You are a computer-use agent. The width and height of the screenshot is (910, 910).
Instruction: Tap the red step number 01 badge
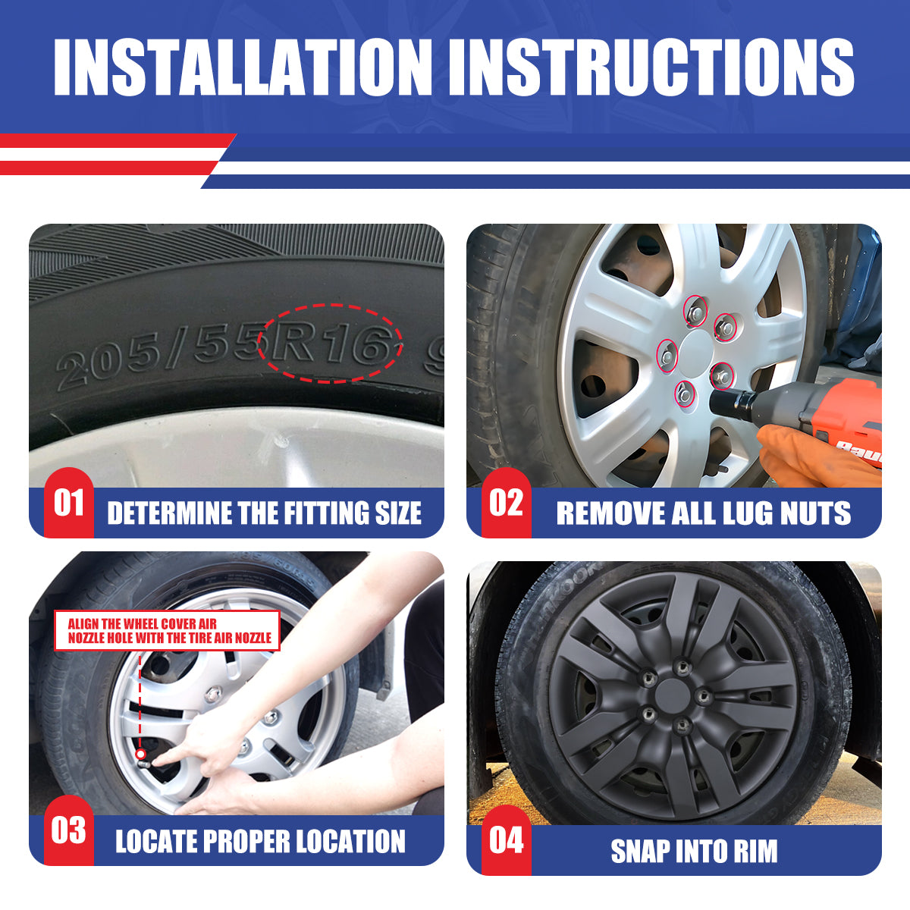(x=68, y=503)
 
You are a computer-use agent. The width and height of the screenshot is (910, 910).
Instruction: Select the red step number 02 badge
(x=506, y=503)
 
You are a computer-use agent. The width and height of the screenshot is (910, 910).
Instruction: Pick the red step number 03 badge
(x=68, y=830)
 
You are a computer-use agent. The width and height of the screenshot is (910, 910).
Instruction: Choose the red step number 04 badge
(x=506, y=840)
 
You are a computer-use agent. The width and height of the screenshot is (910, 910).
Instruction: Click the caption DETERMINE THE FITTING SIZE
(x=264, y=513)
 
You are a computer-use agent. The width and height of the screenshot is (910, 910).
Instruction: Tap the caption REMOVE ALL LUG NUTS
(x=703, y=513)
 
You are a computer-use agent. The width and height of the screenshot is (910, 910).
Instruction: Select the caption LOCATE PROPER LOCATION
(x=260, y=842)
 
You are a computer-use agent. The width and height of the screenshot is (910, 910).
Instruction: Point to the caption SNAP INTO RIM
(x=694, y=851)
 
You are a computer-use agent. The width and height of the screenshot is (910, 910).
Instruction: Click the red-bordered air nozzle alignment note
(x=168, y=631)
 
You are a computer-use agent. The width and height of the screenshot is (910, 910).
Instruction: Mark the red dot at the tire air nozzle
(x=140, y=754)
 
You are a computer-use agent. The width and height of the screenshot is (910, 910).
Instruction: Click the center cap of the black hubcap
(x=672, y=694)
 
